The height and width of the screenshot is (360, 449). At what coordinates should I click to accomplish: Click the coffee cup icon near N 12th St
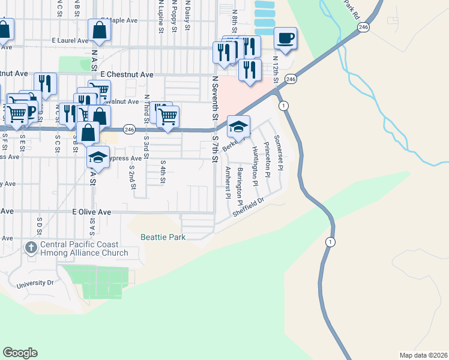tap(286, 39)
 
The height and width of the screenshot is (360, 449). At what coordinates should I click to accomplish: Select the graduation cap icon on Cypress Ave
tap(98, 158)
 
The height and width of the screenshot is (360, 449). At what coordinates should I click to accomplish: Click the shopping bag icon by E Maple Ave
tap(98, 30)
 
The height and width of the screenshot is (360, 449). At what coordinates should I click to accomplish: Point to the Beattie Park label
tap(163, 237)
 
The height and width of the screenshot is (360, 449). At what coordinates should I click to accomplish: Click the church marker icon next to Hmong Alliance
tap(31, 247)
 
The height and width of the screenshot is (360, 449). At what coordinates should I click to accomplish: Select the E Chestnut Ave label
tap(127, 74)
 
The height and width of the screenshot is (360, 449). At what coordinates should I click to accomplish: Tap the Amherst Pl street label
tap(228, 182)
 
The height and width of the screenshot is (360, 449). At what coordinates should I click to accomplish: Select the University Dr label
tap(36, 284)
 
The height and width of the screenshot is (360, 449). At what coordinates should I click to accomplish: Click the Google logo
tap(20, 353)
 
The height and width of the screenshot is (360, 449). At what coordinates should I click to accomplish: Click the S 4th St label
tap(163, 170)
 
